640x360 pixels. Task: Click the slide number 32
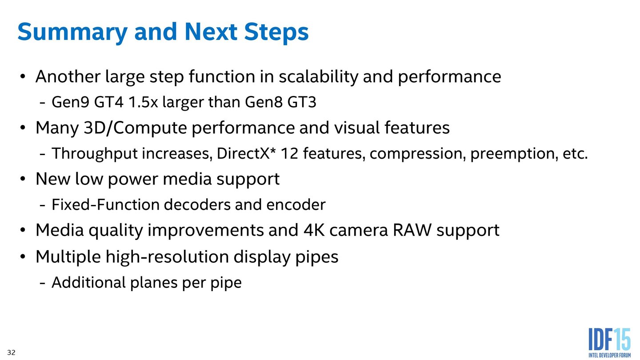coord(11,353)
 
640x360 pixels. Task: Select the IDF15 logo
coord(609,342)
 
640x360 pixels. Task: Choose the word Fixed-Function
coord(105,205)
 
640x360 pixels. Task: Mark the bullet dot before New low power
coord(23,180)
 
